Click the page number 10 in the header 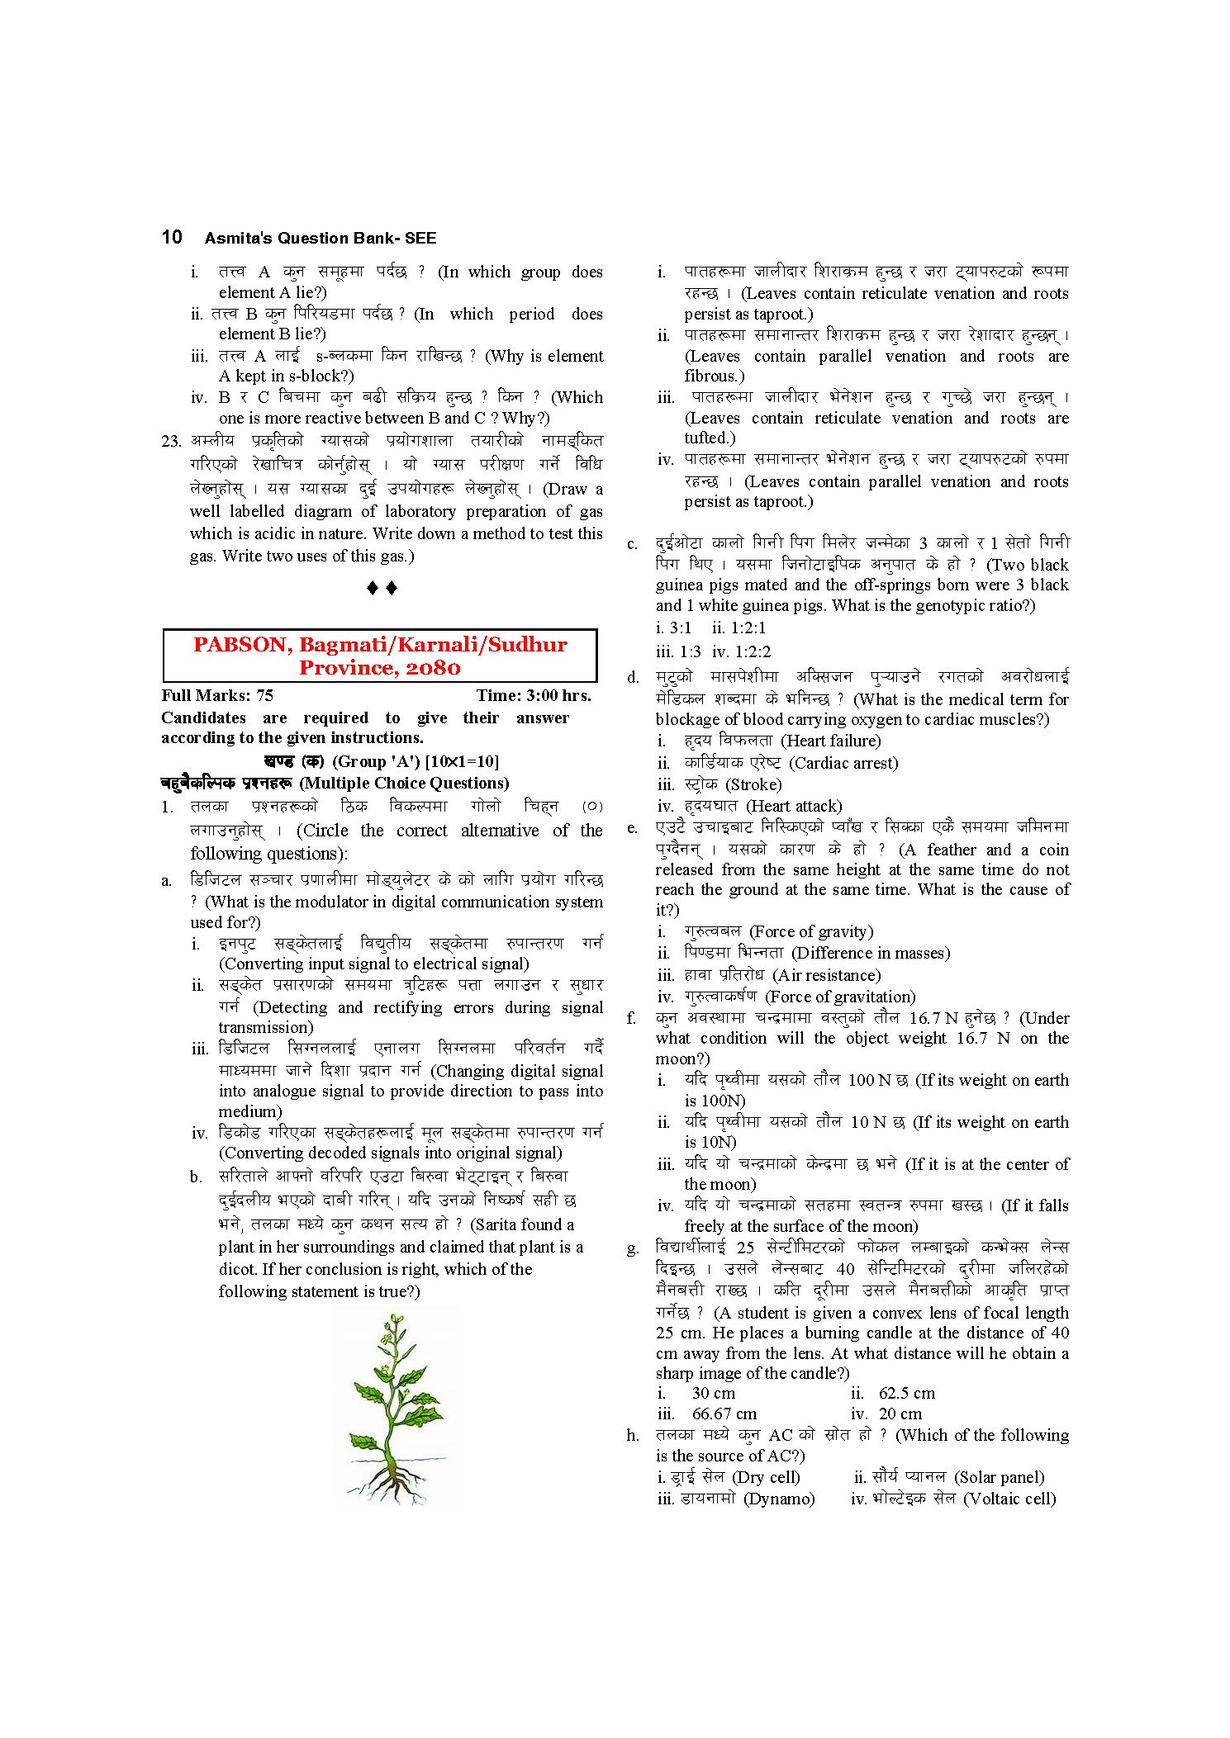point(172,238)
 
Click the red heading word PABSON point(241,645)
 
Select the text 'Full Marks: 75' point(217,695)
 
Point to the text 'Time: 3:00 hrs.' point(534,695)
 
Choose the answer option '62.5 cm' point(906,1393)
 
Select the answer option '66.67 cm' point(724,1414)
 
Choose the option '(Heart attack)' point(794,806)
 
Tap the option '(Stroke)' point(753,784)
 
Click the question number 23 point(171,441)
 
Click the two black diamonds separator point(382,588)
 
